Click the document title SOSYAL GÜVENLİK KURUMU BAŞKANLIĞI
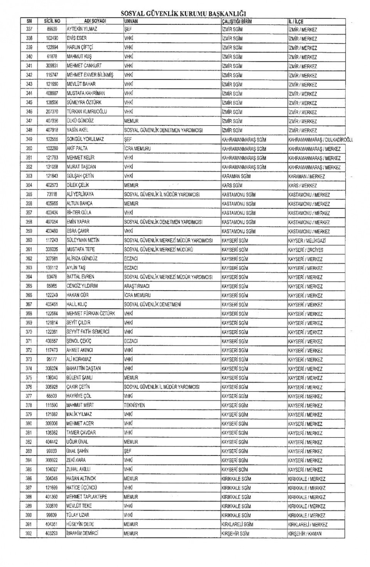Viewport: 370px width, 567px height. click(x=183, y=14)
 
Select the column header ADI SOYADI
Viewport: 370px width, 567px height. click(x=95, y=21)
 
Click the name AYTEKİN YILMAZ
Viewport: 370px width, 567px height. click(x=82, y=29)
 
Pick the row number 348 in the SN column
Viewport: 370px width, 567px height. click(x=29, y=130)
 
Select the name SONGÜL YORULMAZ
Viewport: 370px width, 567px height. click(x=85, y=139)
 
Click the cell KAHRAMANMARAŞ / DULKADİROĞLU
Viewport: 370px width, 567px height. click(x=320, y=140)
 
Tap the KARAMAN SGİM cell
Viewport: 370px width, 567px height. click(x=236, y=176)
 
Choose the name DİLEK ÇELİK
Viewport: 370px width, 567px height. click(x=78, y=185)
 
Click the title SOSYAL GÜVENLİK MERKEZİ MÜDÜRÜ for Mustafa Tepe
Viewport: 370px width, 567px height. click(x=158, y=250)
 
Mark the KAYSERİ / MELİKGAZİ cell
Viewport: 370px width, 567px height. click(x=307, y=241)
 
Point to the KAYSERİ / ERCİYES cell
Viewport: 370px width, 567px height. click(x=306, y=250)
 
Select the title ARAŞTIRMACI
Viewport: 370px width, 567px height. click(x=137, y=286)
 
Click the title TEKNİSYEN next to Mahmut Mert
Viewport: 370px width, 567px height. click(x=135, y=405)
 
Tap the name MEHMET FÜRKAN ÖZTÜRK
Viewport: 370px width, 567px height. click(x=91, y=314)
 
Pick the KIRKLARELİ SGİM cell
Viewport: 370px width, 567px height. click(x=237, y=525)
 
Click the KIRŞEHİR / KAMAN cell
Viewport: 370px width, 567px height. click(x=304, y=534)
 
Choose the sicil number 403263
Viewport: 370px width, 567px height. click(x=52, y=533)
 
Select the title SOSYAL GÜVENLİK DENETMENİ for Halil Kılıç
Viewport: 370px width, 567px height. click(x=153, y=304)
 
